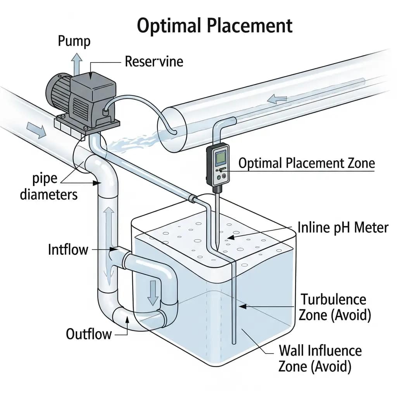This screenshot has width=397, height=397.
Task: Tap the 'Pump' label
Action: click(74, 41)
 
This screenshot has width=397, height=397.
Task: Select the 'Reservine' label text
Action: click(154, 61)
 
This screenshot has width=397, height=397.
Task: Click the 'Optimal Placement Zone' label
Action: click(306, 163)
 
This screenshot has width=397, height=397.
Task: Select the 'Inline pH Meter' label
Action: click(343, 227)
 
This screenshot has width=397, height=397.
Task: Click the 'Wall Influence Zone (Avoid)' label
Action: click(320, 358)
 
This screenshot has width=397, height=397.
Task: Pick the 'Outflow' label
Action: click(89, 333)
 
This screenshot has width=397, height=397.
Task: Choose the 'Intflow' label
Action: click(68, 249)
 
